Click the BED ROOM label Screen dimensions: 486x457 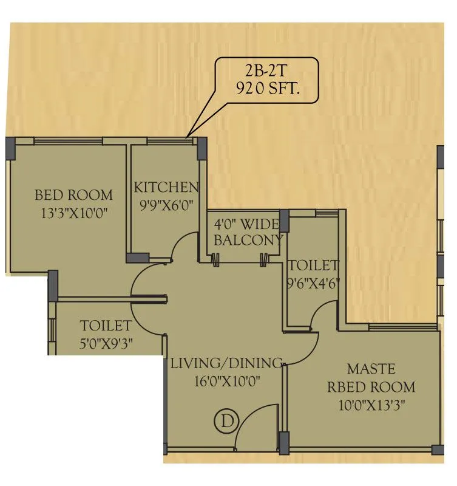(73, 195)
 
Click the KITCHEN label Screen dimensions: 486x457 (166, 187)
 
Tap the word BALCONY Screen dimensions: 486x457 (248, 240)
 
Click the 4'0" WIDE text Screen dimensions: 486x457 (248, 223)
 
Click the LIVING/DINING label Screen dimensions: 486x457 (226, 364)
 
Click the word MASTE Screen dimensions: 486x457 (371, 369)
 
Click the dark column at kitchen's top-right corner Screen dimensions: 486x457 (201, 148)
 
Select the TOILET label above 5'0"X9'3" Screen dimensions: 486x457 (106, 326)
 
